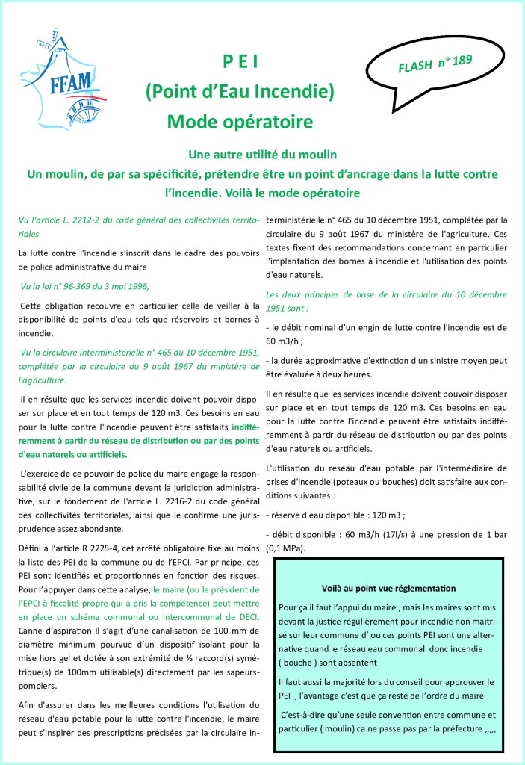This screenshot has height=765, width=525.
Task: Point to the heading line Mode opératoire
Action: [240, 120]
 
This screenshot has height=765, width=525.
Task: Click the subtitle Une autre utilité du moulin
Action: [263, 155]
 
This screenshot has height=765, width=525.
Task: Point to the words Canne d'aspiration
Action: [53, 629]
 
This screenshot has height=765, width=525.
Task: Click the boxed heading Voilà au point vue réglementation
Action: [388, 589]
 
